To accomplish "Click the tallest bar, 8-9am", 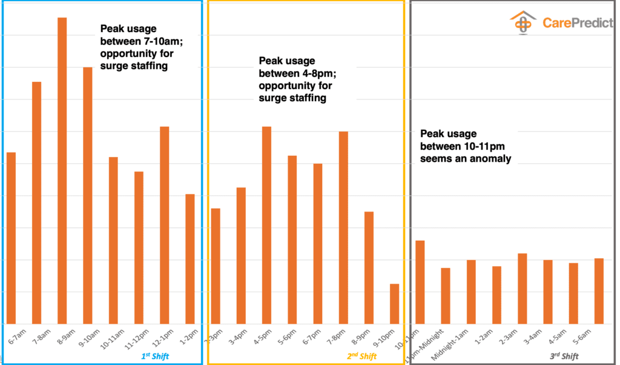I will coord(62,170).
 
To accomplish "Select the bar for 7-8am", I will coord(36,203).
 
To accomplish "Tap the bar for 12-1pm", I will coord(164,225).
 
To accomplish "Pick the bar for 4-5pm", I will coord(266,225).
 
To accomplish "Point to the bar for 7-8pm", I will coord(343,227).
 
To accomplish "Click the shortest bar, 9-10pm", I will coord(394,304).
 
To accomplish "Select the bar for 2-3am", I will coord(522,289).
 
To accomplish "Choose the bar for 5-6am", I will coord(599,291).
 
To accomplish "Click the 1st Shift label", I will coord(153,357).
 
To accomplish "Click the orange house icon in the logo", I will coord(523,23).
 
